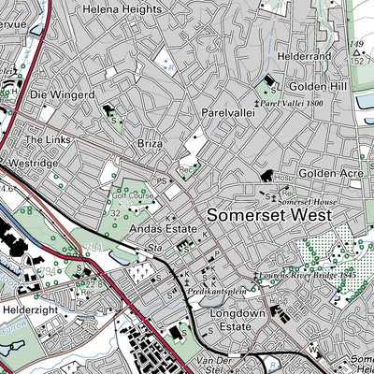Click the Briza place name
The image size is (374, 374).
(150, 145)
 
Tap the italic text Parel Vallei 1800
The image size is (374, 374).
(292, 102)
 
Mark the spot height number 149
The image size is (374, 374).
(354, 44)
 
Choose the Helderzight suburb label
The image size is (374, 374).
(31, 307)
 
